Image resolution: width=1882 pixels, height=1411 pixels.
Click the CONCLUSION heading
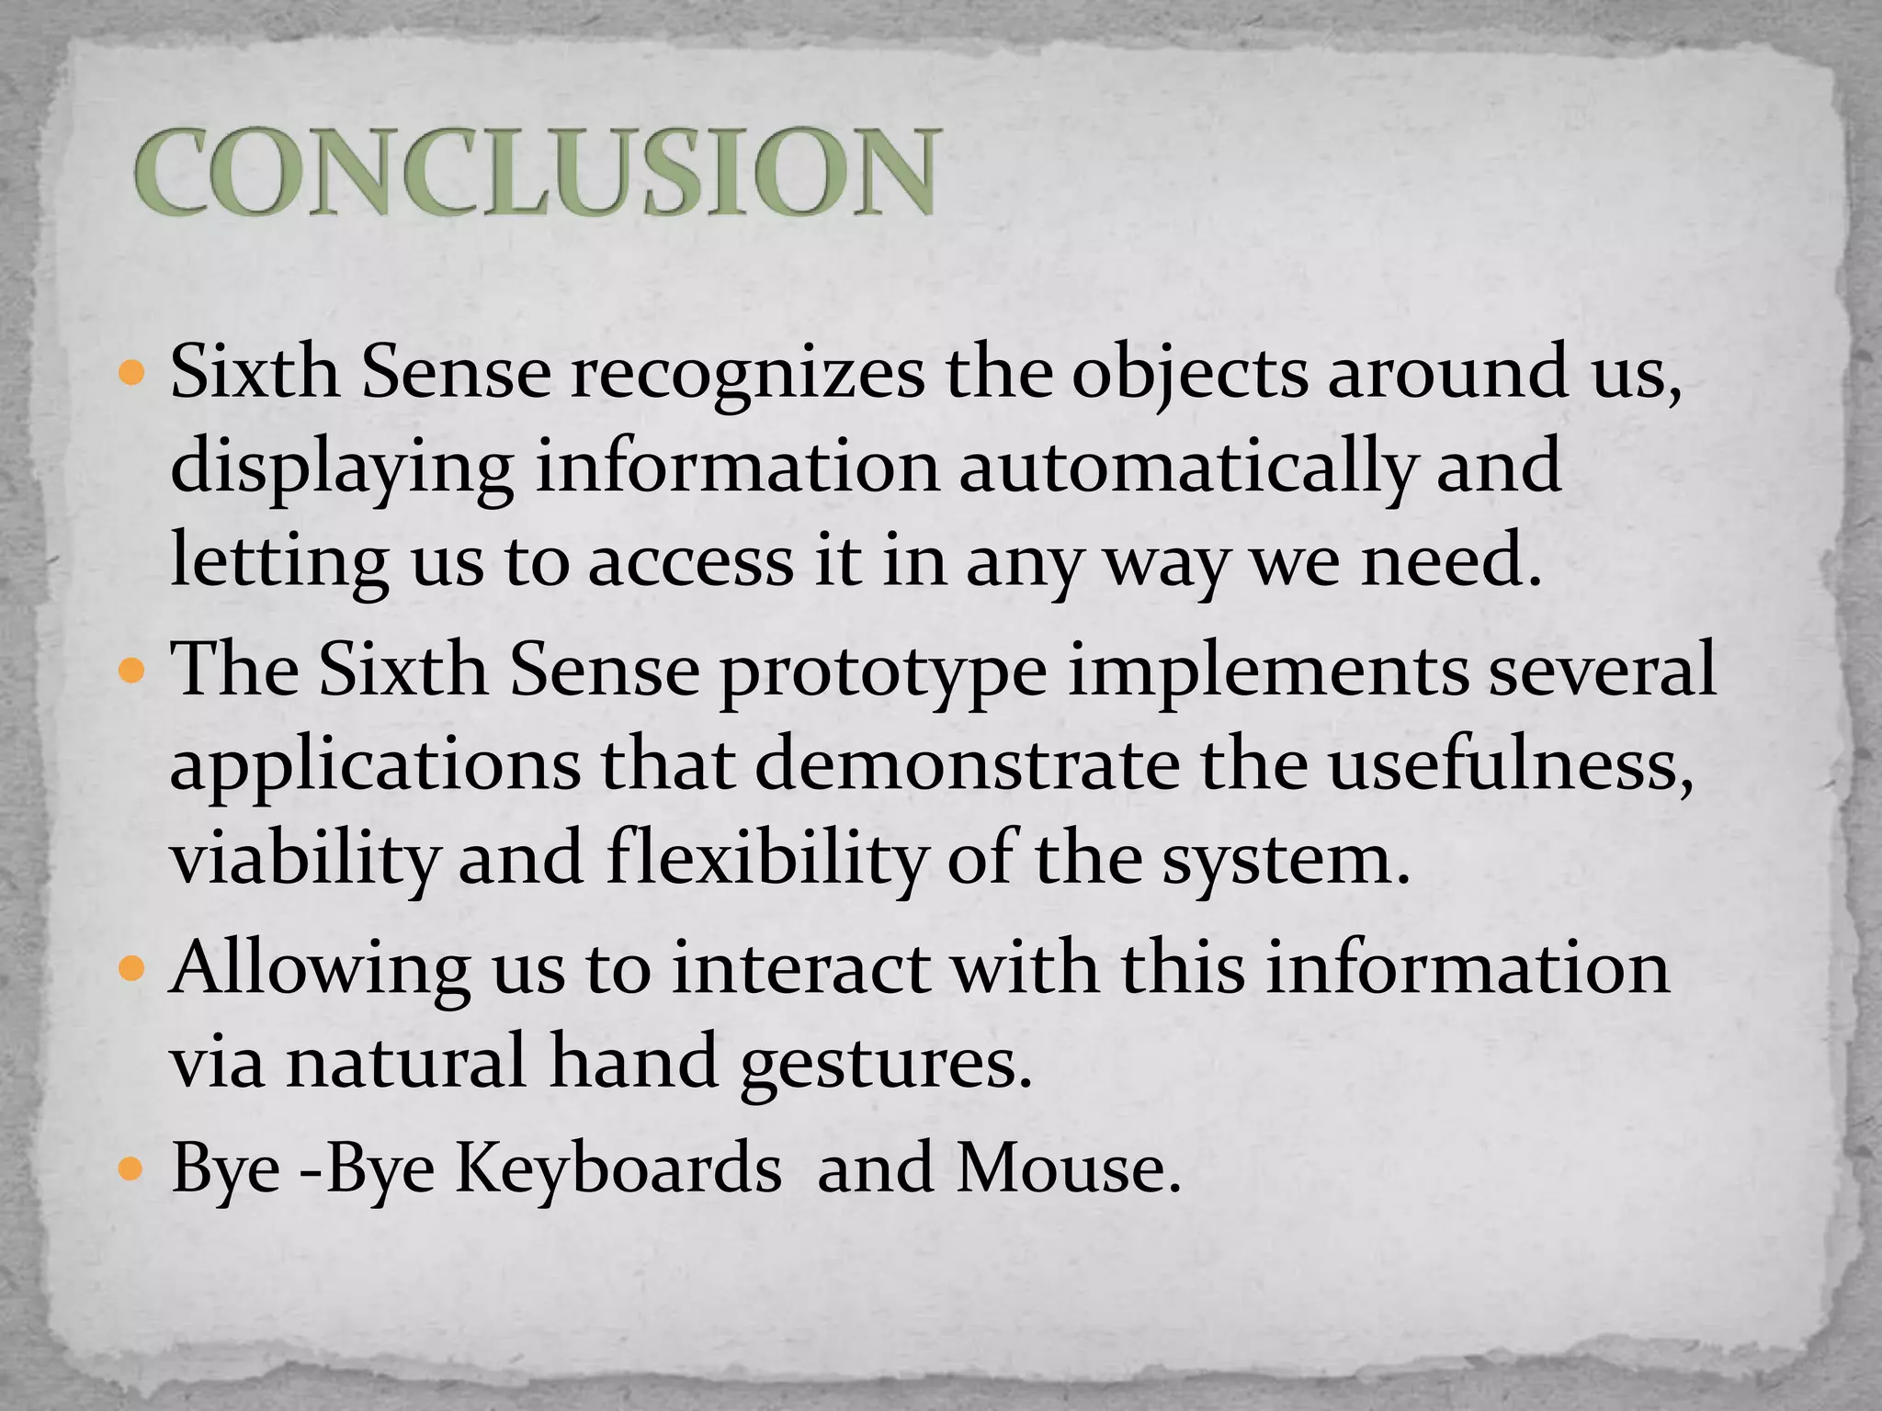[x=537, y=172]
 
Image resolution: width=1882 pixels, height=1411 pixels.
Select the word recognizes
[x=748, y=373]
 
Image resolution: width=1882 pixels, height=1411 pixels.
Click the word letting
[x=278, y=562]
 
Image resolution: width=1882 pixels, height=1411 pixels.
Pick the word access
[x=690, y=562]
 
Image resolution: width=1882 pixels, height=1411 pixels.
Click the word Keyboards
[x=618, y=1168]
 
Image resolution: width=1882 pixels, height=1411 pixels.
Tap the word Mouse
[x=1067, y=1168]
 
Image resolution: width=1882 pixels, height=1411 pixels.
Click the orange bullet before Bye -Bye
[x=132, y=1170]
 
